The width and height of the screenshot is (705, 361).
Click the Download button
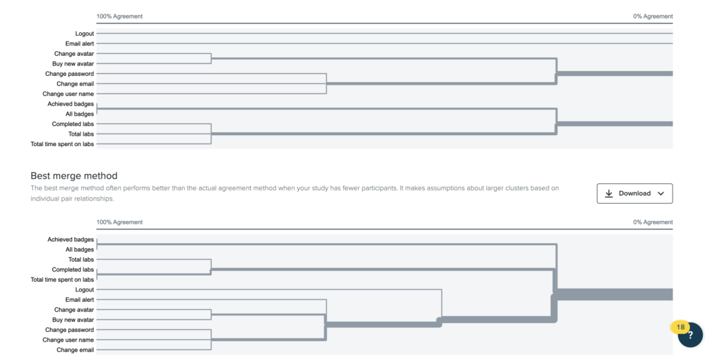(634, 194)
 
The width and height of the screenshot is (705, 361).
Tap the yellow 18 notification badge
(680, 327)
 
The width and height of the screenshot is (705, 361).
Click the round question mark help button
(690, 336)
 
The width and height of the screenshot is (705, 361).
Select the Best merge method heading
(74, 176)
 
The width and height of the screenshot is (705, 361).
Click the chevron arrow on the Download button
(660, 194)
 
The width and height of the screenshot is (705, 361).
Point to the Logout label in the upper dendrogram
(85, 33)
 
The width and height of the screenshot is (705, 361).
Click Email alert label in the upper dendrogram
(80, 43)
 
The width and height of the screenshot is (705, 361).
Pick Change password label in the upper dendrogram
(70, 74)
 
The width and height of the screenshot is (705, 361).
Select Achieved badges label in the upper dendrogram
(71, 104)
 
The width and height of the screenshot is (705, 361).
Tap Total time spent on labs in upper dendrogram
(63, 144)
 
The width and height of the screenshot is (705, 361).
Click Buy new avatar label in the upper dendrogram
(73, 64)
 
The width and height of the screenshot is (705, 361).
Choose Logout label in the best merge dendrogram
(85, 290)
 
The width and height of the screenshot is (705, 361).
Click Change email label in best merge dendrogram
(76, 350)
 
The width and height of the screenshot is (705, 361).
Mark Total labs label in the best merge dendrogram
(81, 260)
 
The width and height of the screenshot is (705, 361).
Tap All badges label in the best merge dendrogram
(80, 249)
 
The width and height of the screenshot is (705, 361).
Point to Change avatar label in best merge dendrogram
(74, 310)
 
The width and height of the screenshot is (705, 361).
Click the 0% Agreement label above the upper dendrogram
(653, 17)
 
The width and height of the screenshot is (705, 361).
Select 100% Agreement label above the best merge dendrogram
(120, 222)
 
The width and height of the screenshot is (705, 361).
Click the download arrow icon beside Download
(609, 194)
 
